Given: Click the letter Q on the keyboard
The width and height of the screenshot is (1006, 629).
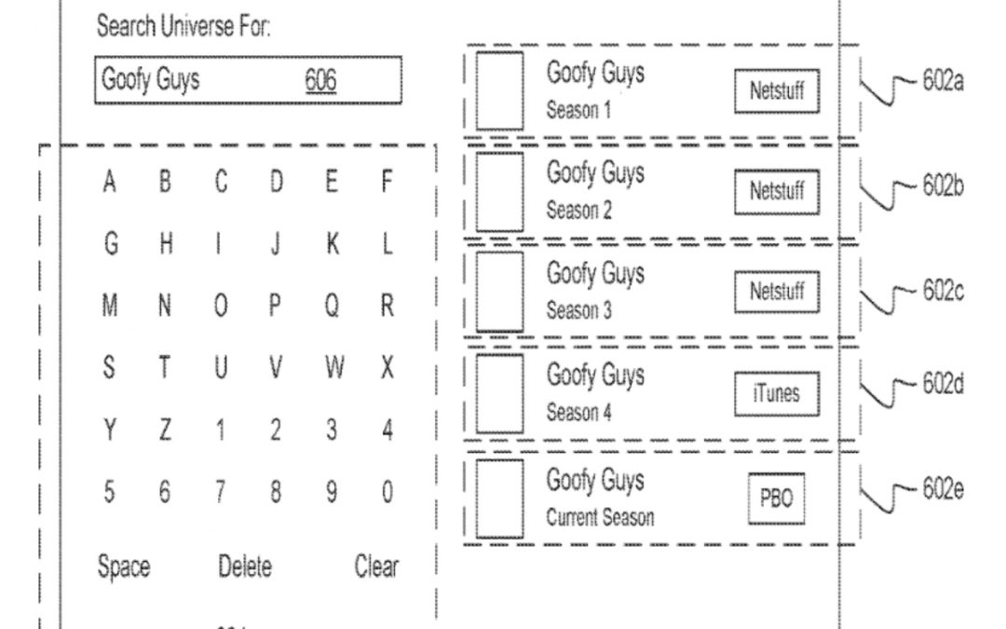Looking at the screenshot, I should (x=331, y=307).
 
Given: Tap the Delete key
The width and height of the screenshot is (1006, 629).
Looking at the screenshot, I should (x=245, y=566).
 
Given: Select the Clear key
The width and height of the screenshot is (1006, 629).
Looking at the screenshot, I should (x=376, y=566).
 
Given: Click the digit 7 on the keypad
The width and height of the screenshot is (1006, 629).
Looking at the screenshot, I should (x=220, y=492).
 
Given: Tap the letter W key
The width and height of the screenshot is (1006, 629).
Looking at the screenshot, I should (x=332, y=369).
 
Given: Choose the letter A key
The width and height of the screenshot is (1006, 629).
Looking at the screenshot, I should (x=110, y=183).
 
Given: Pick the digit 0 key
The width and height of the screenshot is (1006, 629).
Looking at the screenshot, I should (x=387, y=492).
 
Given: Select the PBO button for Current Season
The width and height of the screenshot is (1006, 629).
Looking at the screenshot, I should (x=775, y=499).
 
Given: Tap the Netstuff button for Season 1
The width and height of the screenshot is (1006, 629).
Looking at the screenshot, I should (x=777, y=92).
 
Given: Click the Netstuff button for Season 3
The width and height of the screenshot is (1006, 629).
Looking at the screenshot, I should (x=777, y=292).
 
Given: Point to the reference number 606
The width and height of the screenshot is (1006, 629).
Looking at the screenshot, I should (x=320, y=81).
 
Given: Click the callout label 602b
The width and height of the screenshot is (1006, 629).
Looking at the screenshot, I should (x=942, y=185).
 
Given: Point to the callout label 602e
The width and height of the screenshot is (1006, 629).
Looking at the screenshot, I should (x=942, y=491).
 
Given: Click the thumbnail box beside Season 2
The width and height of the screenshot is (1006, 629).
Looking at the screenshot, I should (x=499, y=191).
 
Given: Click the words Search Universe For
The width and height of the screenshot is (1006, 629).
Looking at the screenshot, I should (x=184, y=28).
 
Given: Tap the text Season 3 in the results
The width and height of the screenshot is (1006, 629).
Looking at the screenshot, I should (x=578, y=310).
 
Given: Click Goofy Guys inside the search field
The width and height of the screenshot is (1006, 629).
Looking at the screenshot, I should (x=150, y=80).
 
